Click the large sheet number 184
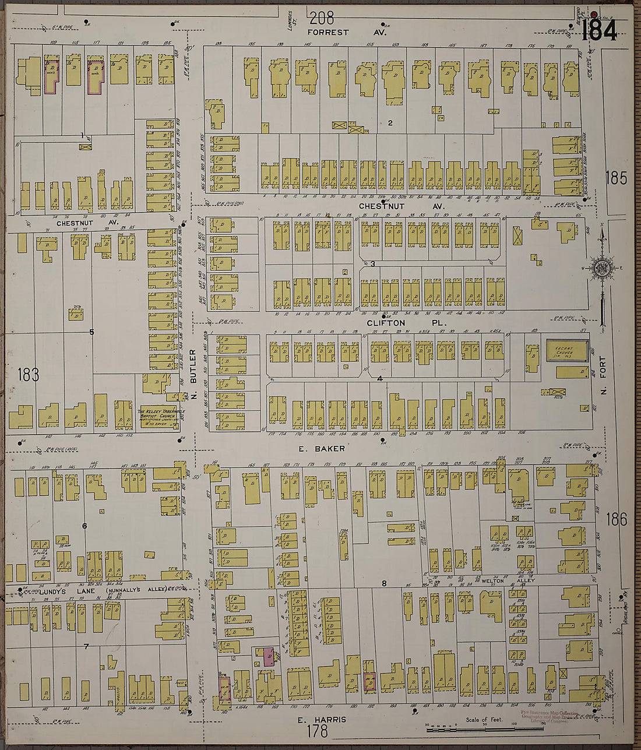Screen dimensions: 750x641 (598, 30)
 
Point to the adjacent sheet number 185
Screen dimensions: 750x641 (616, 178)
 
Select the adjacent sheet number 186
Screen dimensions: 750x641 (616, 519)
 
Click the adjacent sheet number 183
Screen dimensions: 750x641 (28, 375)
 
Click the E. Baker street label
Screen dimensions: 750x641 (322, 449)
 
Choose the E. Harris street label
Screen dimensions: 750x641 (322, 720)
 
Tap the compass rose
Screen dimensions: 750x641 (601, 269)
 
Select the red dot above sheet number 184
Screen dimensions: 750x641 (594, 15)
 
